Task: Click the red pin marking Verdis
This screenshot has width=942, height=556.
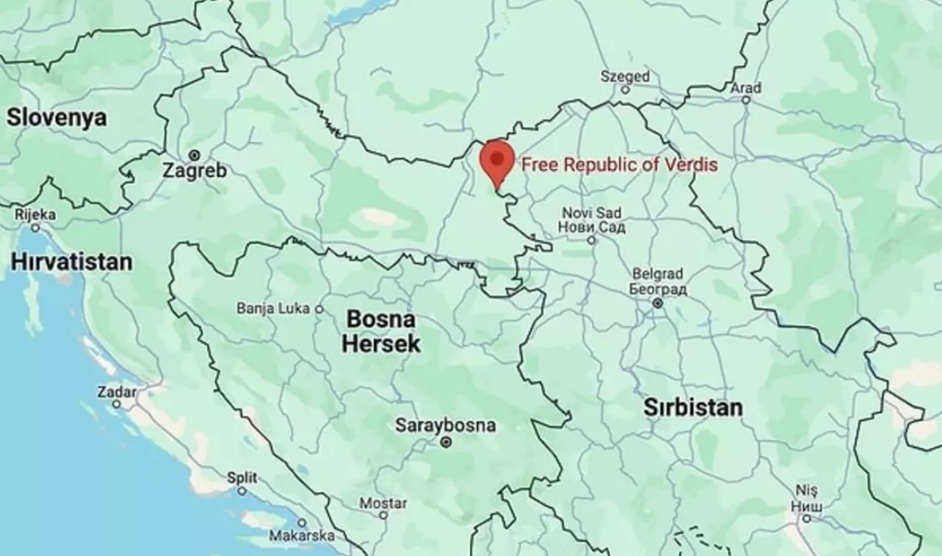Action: [x=497, y=160]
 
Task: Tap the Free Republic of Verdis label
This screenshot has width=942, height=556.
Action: [x=619, y=166]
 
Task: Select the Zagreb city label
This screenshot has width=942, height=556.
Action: [x=194, y=170]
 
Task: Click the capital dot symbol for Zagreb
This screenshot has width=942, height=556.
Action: [x=193, y=154]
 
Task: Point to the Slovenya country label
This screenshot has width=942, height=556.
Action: [x=57, y=118]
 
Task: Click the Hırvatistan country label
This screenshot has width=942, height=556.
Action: [x=71, y=262]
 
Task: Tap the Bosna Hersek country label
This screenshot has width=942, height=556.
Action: [x=381, y=331]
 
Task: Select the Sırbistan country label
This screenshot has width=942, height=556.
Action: [x=693, y=407]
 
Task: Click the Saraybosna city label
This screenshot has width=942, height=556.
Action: [x=445, y=426]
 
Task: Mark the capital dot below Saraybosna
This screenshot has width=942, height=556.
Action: [x=447, y=442]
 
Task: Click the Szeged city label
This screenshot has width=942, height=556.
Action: [x=625, y=77]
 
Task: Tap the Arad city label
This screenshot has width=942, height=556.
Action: [x=745, y=87]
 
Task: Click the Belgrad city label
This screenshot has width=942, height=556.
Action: [x=658, y=280]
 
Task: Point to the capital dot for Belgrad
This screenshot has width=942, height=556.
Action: [x=658, y=303]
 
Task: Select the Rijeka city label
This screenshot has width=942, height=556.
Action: [x=35, y=214]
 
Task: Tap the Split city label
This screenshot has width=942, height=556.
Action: [x=242, y=478]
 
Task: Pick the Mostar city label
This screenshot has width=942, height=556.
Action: [x=383, y=503]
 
